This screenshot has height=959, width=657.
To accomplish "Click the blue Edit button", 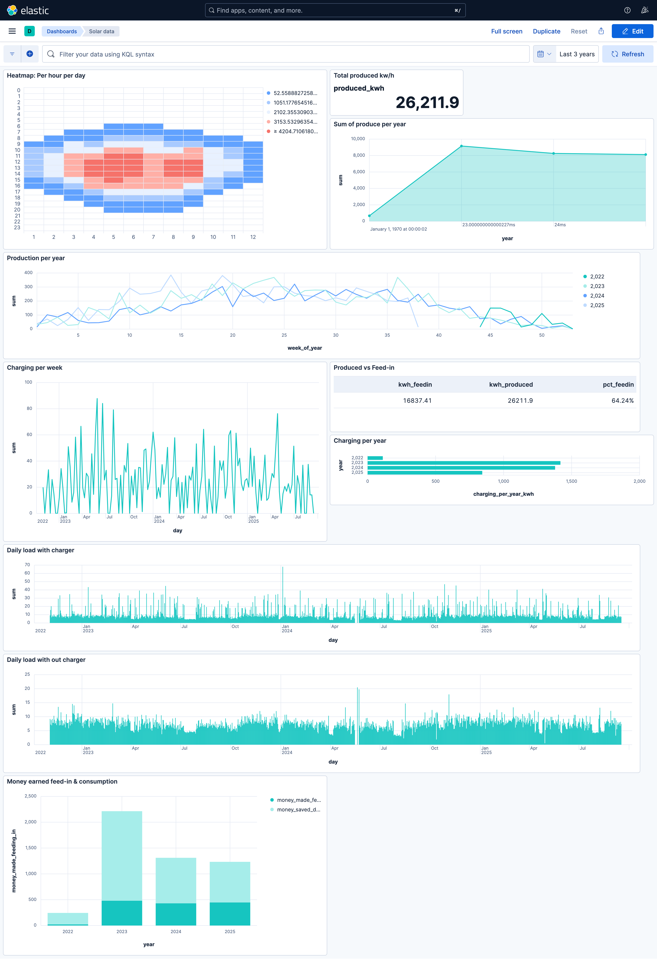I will [x=632, y=31].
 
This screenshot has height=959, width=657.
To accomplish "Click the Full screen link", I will [x=506, y=31].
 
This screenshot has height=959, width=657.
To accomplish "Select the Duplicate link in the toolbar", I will [x=546, y=31].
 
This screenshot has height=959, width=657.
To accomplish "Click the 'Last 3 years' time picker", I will [x=577, y=54].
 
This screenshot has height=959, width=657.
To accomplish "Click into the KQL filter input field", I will [x=289, y=54].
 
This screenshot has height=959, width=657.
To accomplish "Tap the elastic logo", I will [x=28, y=10].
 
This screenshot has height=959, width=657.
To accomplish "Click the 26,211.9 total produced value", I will [x=427, y=102].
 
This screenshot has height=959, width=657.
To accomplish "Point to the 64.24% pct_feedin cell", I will [x=622, y=401].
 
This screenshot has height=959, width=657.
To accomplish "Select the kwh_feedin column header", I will [x=415, y=385].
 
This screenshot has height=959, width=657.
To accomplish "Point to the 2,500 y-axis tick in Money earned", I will [x=30, y=796].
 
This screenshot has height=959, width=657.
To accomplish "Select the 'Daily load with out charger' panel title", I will [x=46, y=660].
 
